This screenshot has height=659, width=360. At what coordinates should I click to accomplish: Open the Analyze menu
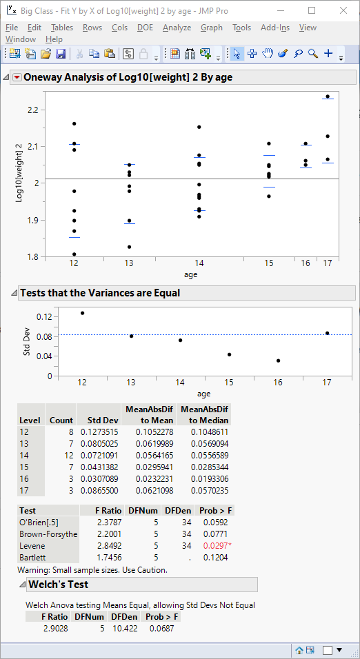click(x=177, y=28)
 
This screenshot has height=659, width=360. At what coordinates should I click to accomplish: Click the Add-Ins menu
click(x=275, y=28)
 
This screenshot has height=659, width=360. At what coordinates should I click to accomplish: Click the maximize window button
click(x=312, y=11)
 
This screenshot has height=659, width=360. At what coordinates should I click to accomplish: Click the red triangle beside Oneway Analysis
click(x=17, y=77)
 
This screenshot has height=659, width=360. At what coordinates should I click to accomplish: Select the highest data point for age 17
click(x=328, y=97)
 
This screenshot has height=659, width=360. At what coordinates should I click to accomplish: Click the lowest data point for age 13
click(x=129, y=247)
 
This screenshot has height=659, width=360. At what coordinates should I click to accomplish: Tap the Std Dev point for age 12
click(x=82, y=313)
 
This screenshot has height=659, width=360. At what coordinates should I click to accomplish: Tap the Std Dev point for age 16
click(x=279, y=361)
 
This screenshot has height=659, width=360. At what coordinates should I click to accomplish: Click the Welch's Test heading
click(x=58, y=585)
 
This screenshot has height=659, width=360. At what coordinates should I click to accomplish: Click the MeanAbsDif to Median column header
click(x=204, y=414)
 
